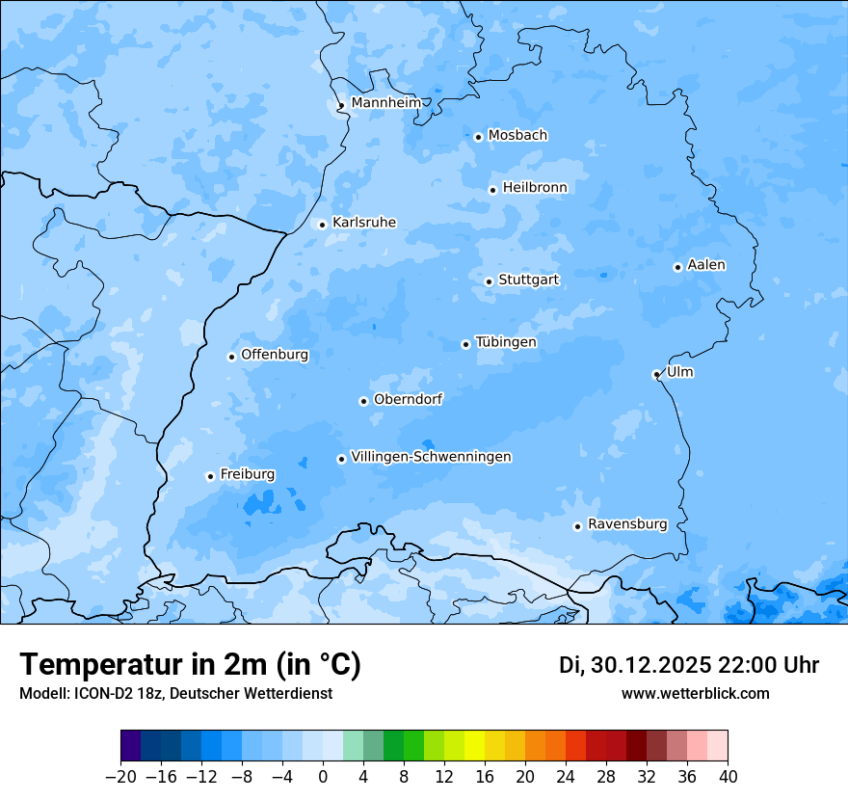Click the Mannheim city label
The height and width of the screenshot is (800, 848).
click(385, 103)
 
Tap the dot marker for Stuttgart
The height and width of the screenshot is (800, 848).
click(489, 281)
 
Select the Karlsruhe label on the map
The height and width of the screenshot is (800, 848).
click(363, 223)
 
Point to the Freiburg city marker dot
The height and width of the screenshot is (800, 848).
click(210, 476)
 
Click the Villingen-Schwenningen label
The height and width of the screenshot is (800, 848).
click(431, 457)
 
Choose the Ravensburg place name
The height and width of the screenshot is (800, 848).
click(626, 524)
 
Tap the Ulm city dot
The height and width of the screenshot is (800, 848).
click(656, 374)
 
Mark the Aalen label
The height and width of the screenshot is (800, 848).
click(705, 265)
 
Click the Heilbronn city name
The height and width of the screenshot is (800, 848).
click(535, 188)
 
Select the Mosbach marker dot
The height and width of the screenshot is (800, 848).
click(478, 137)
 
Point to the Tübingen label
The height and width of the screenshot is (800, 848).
click(506, 342)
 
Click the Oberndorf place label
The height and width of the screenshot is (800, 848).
click(408, 399)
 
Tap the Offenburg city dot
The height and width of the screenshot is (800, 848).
click(231, 357)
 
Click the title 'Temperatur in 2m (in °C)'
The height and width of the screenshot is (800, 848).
click(190, 664)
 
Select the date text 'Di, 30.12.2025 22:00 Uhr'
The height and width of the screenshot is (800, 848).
click(689, 665)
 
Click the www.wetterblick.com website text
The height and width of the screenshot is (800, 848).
click(695, 694)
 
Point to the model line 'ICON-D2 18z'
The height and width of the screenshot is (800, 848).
click(175, 694)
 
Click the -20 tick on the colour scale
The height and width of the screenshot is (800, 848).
click(120, 777)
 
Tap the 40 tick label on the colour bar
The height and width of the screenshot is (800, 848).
click(728, 777)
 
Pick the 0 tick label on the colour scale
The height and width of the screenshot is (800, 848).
click(323, 777)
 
